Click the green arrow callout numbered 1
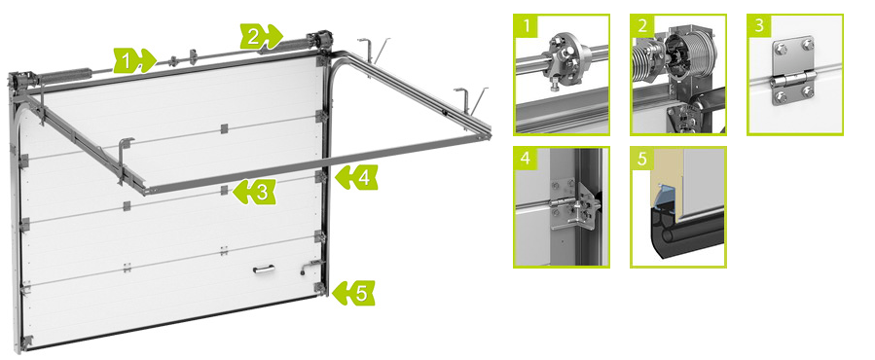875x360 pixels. pos(134,60)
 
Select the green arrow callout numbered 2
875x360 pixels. pos(261,37)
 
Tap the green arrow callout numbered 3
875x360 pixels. pos(254,192)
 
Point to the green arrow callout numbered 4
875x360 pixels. pos(355,177)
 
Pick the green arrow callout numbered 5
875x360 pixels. pos(353,293)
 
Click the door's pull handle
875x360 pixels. pos(264,270)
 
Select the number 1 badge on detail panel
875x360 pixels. pos(526,25)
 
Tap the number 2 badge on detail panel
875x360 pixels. pos(642,25)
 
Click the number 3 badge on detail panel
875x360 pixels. pos(759,25)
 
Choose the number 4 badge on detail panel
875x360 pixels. pos(526,159)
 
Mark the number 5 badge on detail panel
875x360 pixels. pos(642,159)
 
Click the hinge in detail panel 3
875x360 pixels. pos(793,71)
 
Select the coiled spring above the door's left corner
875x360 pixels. pos(64,74)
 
